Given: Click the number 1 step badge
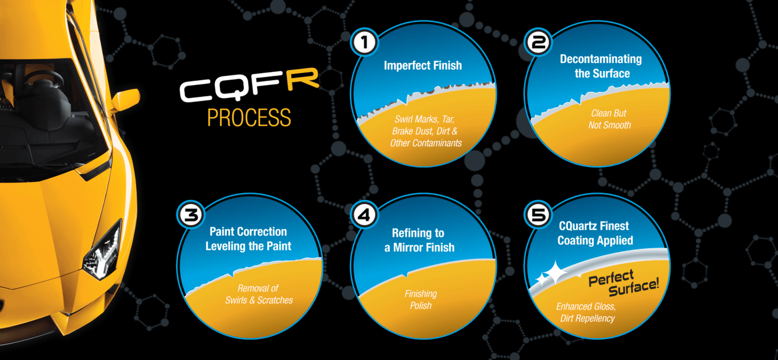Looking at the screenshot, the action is coord(364,43).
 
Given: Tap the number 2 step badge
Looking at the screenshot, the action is coord(538,43).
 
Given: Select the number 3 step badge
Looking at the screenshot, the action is coord(191,215).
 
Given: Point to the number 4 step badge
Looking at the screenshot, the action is coord(364,215).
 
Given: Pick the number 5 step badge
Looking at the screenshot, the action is coord(538,215).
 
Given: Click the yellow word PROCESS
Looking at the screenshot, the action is coord(249,117).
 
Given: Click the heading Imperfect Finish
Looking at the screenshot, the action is coord(423,65).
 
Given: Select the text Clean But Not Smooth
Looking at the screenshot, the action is coord(609,119).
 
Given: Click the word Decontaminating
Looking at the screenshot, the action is coord(601,59).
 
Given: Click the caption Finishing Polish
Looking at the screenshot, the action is coord(421,299).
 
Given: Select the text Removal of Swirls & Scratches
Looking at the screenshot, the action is coord(259,294).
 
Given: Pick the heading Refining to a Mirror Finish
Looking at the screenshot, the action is coord(419,240).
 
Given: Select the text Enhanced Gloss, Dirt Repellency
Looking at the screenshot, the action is coord(586,312).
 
